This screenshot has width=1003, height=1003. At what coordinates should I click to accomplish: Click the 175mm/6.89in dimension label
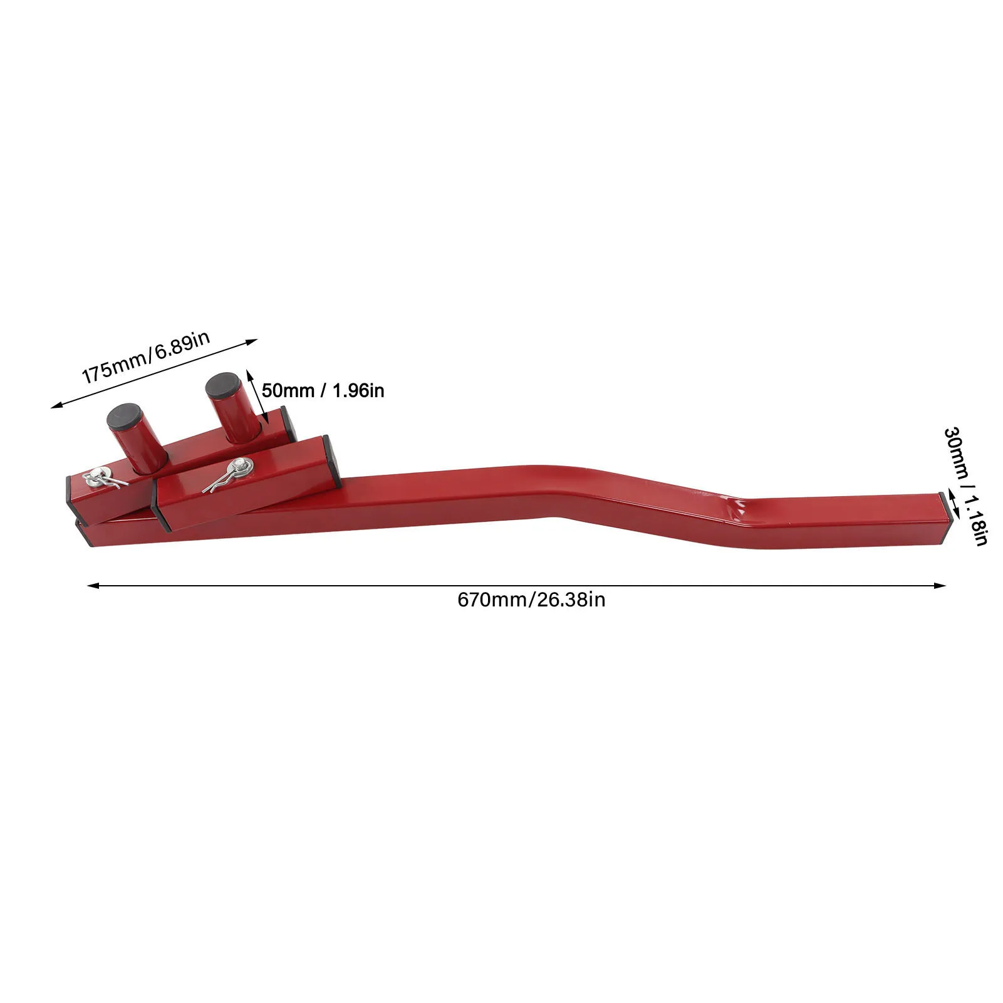(x=146, y=357)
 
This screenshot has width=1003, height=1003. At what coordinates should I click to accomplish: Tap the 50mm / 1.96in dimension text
(x=323, y=391)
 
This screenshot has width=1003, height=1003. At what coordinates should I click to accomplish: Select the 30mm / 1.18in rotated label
(x=965, y=486)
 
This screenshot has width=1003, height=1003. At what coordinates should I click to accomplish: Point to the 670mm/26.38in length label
(x=531, y=600)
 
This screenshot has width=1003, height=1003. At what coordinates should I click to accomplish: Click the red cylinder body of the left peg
(x=145, y=448)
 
